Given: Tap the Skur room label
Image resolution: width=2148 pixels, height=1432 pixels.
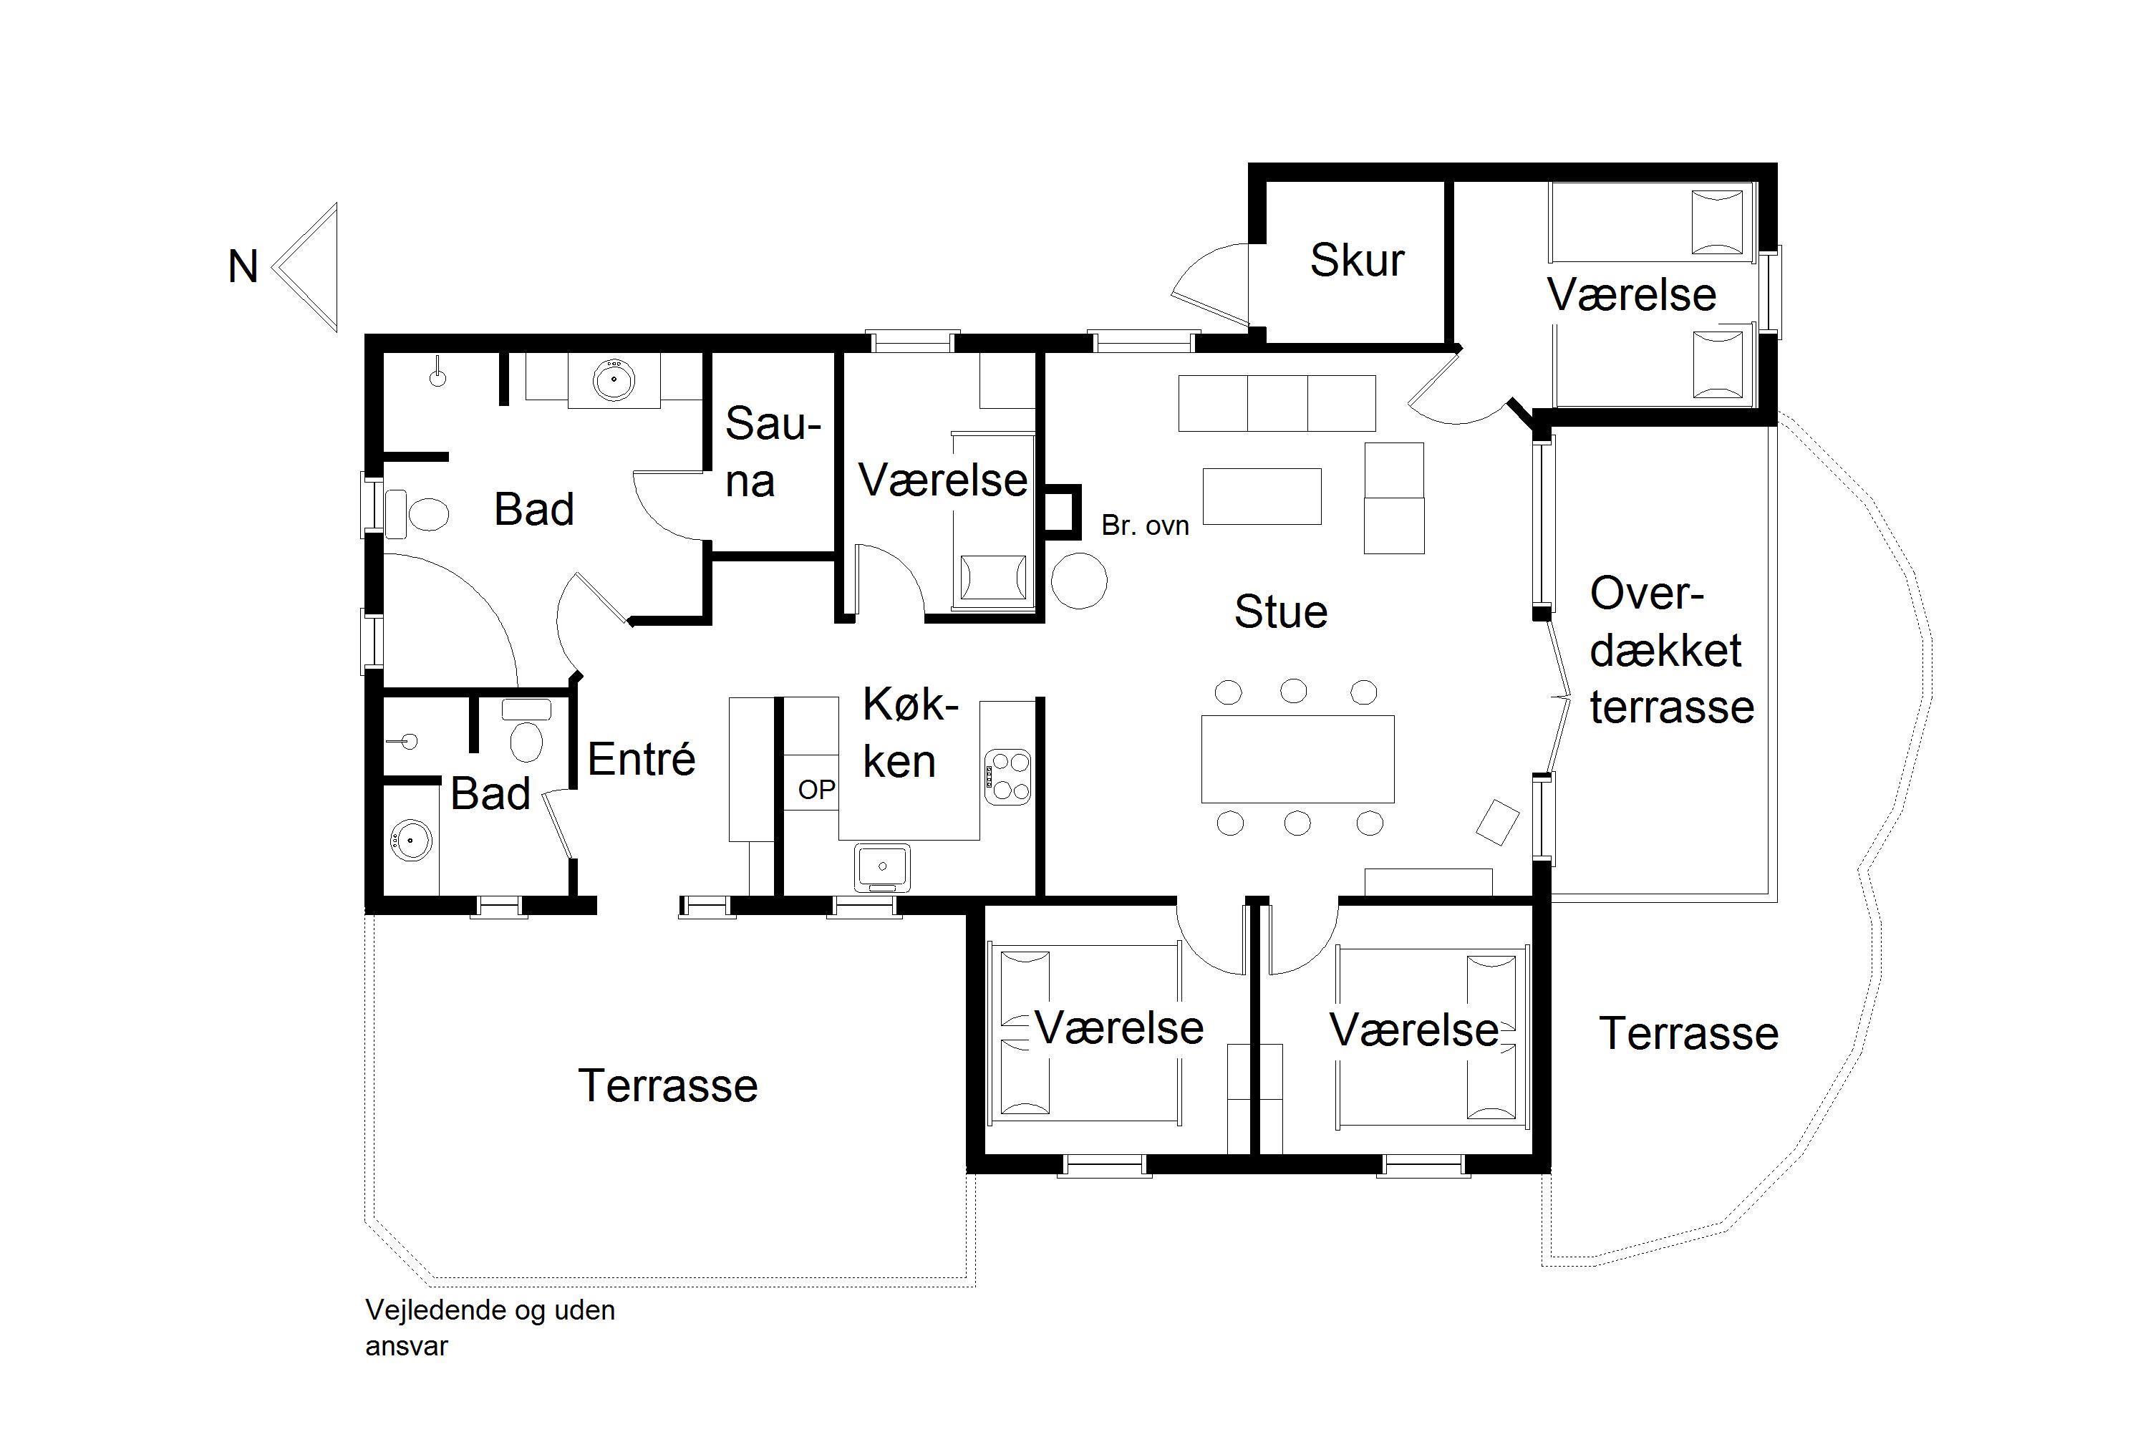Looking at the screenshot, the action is point(1356,261).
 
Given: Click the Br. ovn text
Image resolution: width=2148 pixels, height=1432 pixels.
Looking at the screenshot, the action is point(1145,525).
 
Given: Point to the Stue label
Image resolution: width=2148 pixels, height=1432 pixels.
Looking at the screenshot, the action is point(1280,612).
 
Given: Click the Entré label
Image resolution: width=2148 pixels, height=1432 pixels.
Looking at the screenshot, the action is point(641,759).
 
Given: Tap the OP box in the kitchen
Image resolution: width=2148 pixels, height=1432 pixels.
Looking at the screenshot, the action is point(812,783).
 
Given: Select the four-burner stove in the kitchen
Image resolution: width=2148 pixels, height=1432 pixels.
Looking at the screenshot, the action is point(1007,777).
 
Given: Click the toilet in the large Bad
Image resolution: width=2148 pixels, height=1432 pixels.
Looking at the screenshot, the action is point(417,514).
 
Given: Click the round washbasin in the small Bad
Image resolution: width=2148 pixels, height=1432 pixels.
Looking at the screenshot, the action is point(412,838).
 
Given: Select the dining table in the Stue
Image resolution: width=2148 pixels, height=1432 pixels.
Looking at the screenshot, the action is point(1297,759).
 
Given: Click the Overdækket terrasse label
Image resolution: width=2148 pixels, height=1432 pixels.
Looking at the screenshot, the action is point(1671,650).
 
